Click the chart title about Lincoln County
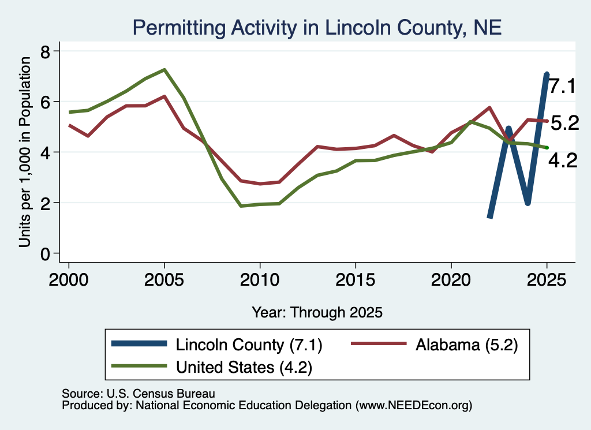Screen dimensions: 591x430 coord(317,28)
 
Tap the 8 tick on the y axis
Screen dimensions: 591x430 coord(45,51)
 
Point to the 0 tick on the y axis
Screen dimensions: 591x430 coord(45,254)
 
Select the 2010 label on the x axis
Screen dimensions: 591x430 coord(260,280)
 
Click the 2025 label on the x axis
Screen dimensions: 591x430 coord(547,280)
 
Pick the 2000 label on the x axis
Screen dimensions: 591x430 coord(69,280)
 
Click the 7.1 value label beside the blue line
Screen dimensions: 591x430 coord(562,87)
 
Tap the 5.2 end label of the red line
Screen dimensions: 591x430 coord(564,123)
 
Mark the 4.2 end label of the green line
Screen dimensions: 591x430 coord(563,161)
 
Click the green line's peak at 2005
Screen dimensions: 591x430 coord(164,70)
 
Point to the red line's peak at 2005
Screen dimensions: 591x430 coord(164,96)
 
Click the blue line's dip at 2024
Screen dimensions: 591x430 coord(528,202)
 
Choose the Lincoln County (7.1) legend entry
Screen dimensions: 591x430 coord(217,345)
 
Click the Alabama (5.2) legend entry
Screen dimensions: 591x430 coord(435,345)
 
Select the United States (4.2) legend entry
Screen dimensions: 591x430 coord(212,367)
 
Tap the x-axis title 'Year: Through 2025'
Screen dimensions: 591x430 coord(317,312)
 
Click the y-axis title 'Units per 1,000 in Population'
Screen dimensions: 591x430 coord(25,152)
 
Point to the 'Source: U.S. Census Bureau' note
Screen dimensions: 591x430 coord(139,394)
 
